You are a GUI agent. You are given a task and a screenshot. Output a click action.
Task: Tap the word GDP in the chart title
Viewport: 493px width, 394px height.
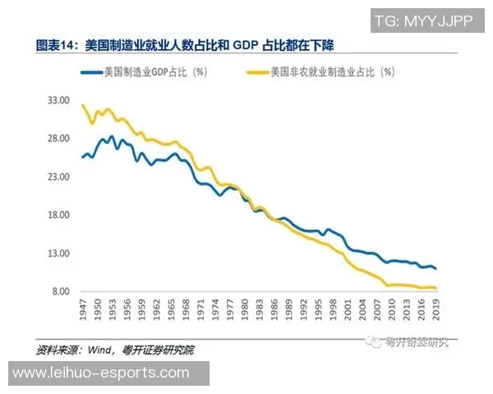(247, 44)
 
